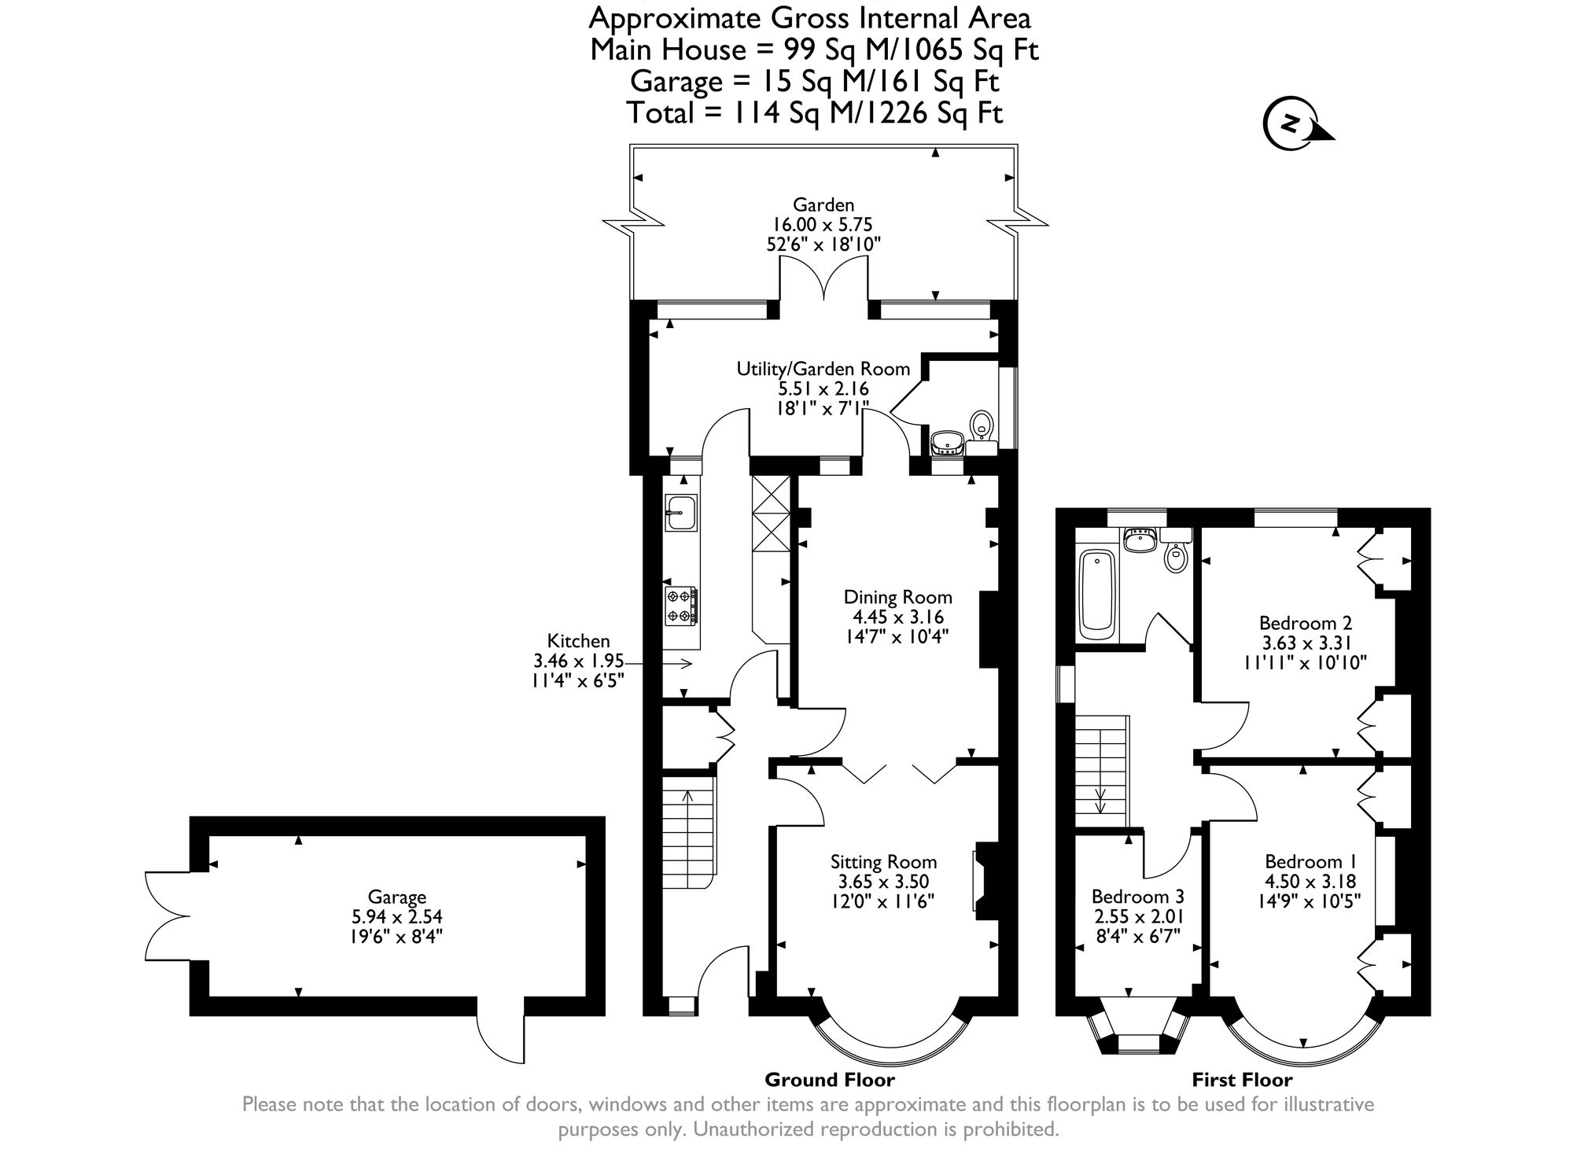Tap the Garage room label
396,897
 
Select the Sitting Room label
884,862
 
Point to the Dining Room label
897,597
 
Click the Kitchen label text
578,641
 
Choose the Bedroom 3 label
1137,897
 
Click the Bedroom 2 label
1306,623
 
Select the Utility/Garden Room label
823,368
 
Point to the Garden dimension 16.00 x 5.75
823,225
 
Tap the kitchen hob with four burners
681,606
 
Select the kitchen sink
681,512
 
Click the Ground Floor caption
830,1079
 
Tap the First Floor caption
1242,1079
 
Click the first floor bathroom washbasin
1140,540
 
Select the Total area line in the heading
815,113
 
